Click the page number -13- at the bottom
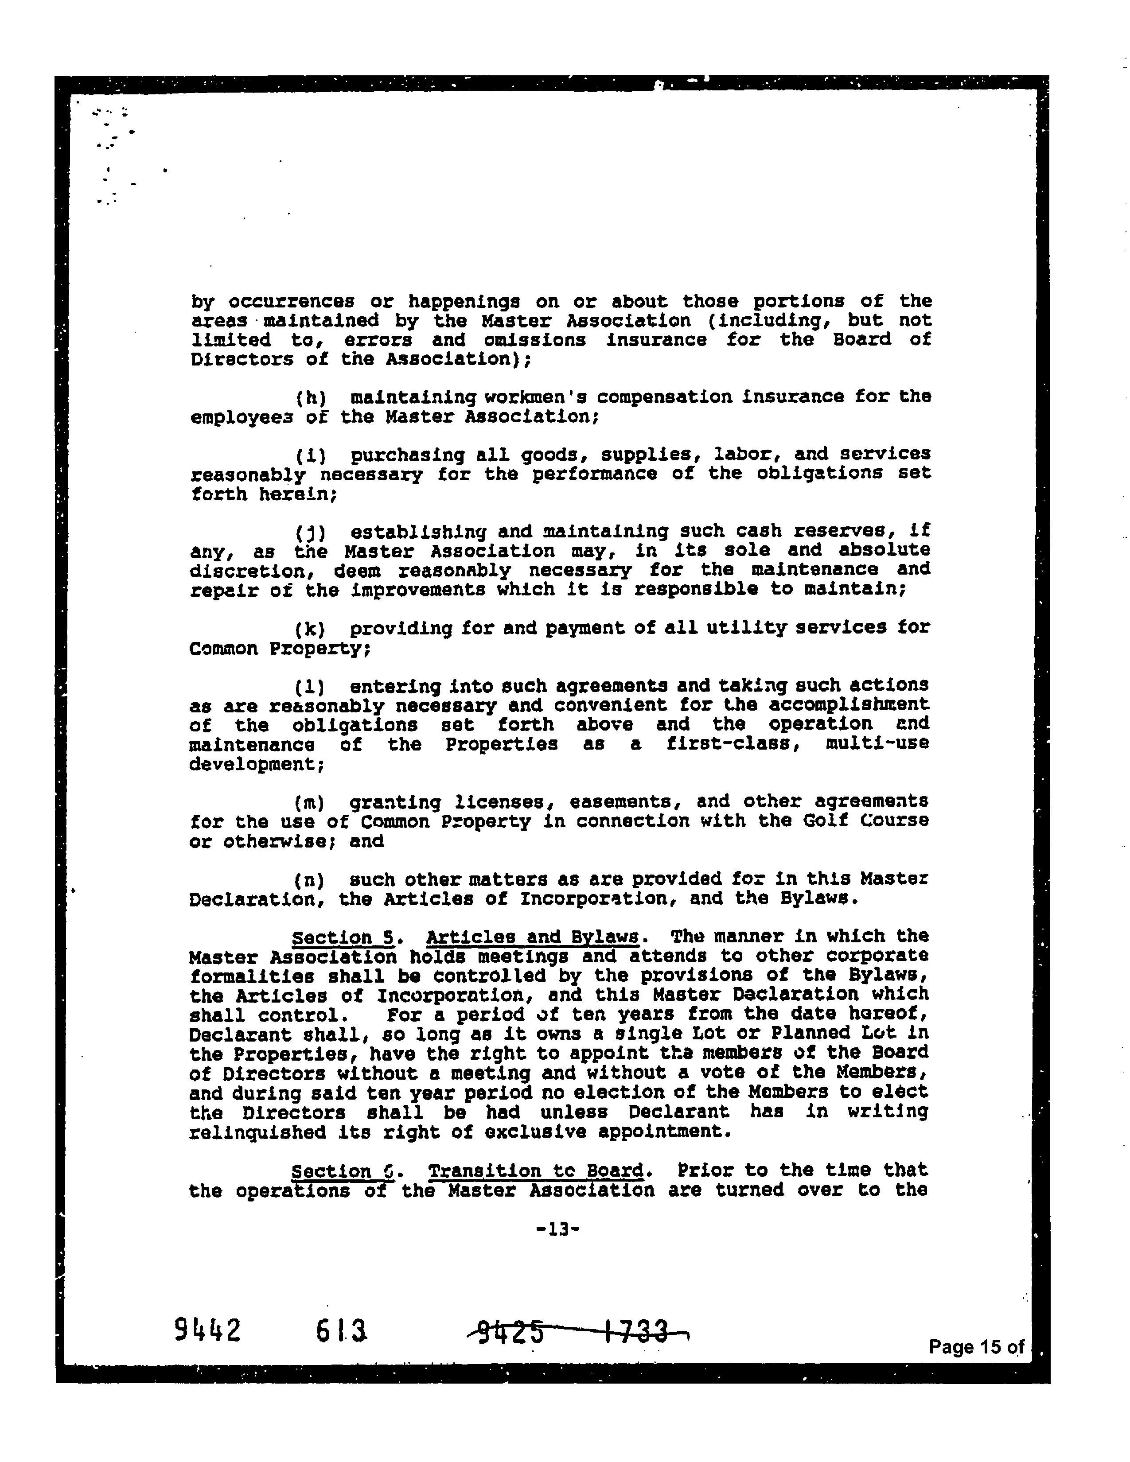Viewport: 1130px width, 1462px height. (557, 1229)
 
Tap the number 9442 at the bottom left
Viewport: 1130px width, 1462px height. (207, 1330)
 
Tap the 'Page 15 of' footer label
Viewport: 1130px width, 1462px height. (976, 1346)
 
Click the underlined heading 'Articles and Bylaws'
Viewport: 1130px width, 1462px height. (532, 937)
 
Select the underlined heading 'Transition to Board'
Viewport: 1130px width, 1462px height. (536, 1171)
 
